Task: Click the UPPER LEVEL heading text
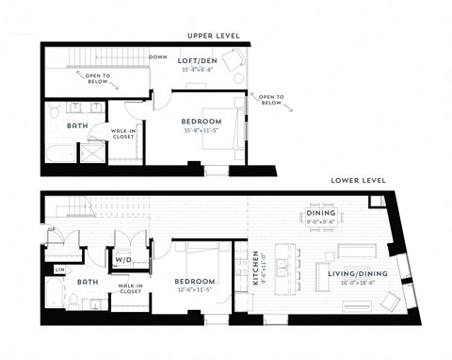(214, 36)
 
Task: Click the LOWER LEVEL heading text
(357, 179)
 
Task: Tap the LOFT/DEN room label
(199, 59)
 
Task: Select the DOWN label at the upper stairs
(158, 57)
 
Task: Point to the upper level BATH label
(77, 124)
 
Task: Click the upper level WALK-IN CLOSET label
(123, 135)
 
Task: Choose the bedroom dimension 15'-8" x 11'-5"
(202, 130)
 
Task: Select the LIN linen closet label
(60, 270)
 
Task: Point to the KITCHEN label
(255, 268)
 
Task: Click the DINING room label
(323, 213)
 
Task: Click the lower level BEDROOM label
(195, 281)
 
